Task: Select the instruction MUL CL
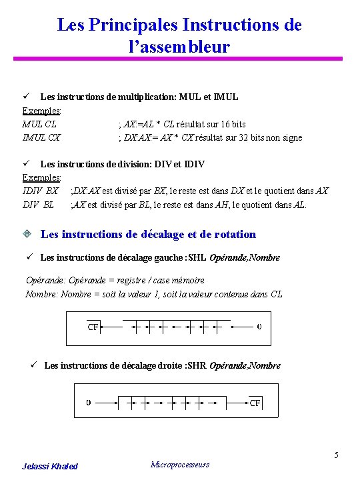coord(39,124)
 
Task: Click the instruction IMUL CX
coord(41,137)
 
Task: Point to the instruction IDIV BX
coord(40,191)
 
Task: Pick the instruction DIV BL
coord(38,204)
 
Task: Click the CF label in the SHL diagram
coord(93,327)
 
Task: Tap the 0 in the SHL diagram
coord(259,327)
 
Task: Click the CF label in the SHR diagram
coord(255,403)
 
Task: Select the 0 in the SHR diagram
coord(89,403)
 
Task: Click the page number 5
coord(337,455)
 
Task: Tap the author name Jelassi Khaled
coord(50,466)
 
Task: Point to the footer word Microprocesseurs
coord(180,465)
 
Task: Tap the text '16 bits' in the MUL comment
coord(231,124)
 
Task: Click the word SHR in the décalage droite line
coord(197,365)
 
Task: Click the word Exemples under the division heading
coord(41,177)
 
